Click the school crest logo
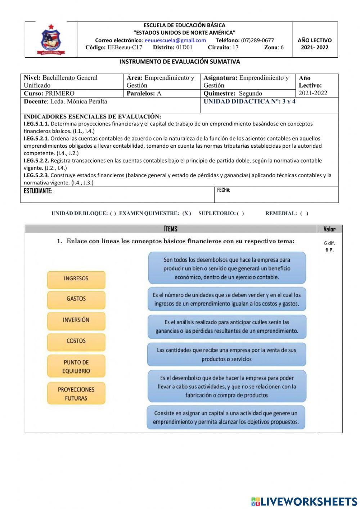click(51, 40)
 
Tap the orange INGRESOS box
click(76, 279)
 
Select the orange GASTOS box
click(76, 299)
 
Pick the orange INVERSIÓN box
click(76, 320)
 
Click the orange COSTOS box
click(76, 341)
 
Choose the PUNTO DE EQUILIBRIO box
click(76, 367)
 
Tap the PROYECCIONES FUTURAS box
click(76, 394)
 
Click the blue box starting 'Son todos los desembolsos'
click(227, 268)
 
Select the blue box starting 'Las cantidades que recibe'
click(227, 354)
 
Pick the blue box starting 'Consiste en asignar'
click(226, 418)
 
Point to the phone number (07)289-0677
click(257, 40)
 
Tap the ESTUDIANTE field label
click(38, 191)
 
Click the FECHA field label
click(224, 190)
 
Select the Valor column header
click(329, 229)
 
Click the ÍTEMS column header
click(171, 229)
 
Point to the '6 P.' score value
click(329, 250)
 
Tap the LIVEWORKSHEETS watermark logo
click(304, 501)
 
